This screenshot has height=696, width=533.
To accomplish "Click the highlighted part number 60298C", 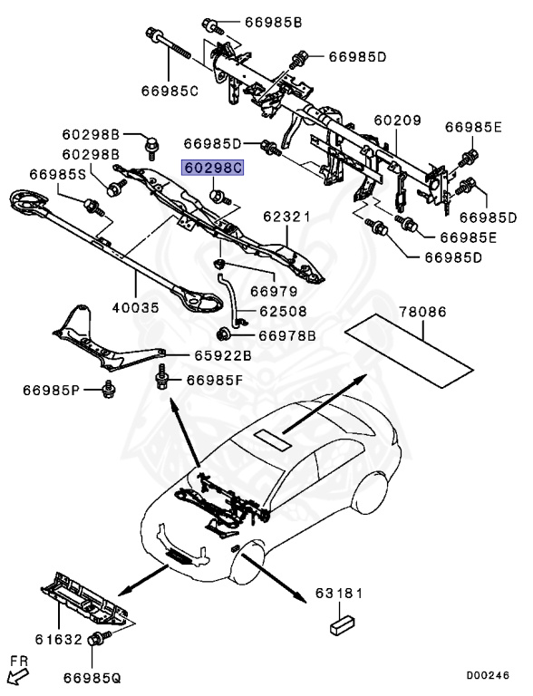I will pyautogui.click(x=214, y=168).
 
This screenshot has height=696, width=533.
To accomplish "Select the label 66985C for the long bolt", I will pyautogui.click(x=170, y=90).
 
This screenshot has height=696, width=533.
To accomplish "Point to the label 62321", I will pyautogui.click(x=286, y=217).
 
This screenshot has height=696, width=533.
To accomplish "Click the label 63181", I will pyautogui.click(x=339, y=594).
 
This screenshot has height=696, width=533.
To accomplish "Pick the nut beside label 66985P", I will pyautogui.click(x=108, y=391).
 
